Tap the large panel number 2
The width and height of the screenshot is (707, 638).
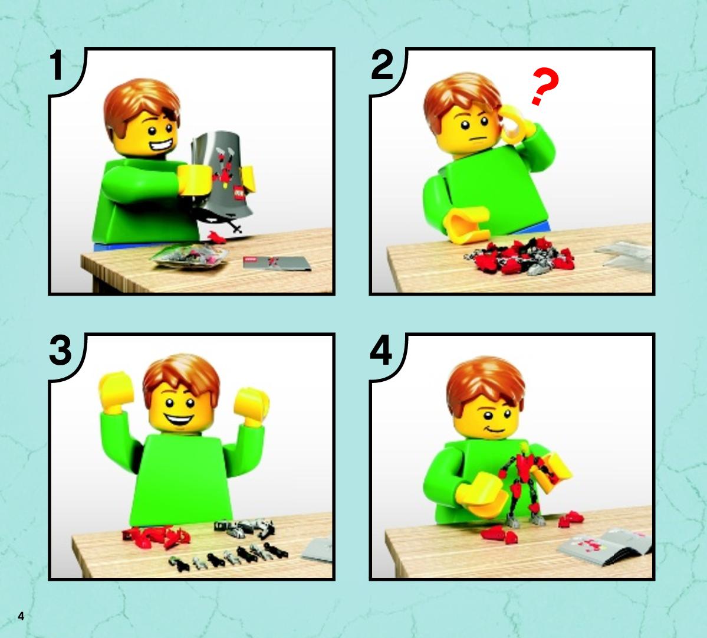pos(382,66)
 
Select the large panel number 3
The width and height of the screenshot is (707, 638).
pos(60,350)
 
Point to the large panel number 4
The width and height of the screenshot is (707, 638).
pos(381,351)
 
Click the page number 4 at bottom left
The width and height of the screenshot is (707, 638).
pos(21,616)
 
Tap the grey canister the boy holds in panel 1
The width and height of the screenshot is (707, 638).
pos(222,174)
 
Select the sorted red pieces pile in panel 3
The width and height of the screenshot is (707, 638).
pos(156,536)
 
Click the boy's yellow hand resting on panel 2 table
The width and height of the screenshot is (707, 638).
pos(467,224)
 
